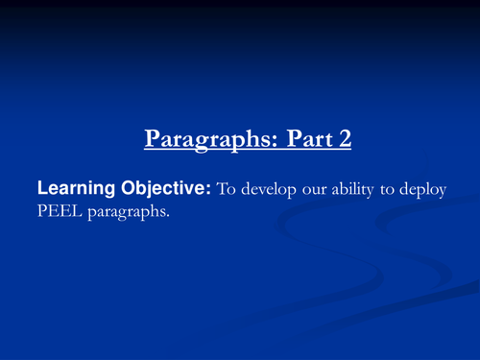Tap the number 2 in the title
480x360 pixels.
pos(345,140)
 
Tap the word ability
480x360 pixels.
pos(356,191)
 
